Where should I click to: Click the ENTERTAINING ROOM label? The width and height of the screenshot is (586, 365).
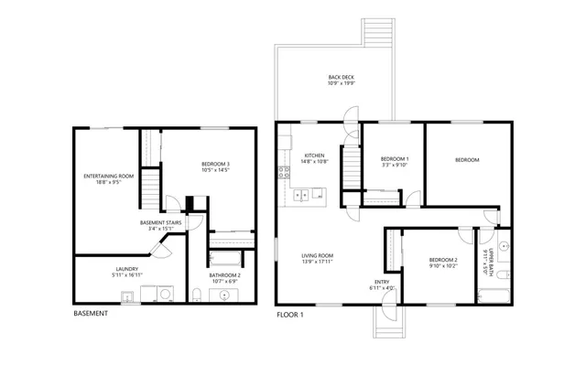(x=108, y=178)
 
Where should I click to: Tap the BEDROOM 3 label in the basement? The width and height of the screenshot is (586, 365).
(x=215, y=167)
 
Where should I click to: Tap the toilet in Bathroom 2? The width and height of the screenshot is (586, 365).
(x=198, y=295)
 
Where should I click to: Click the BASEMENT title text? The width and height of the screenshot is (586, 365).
(x=90, y=314)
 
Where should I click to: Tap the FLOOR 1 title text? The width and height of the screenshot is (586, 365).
(x=289, y=314)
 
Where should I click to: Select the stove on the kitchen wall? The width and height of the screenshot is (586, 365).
(x=285, y=171)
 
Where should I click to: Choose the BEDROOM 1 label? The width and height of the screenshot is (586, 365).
(x=394, y=162)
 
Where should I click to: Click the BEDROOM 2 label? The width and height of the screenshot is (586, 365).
(x=443, y=263)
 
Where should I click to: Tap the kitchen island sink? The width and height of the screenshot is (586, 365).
(x=317, y=193)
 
